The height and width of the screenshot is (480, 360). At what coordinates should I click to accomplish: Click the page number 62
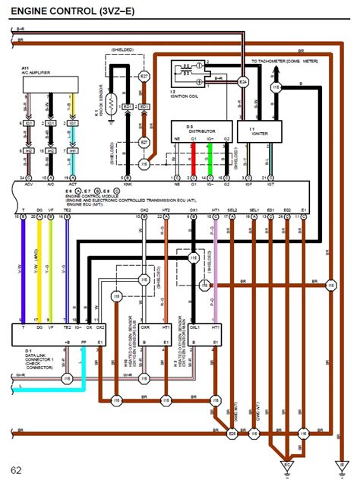[17, 469]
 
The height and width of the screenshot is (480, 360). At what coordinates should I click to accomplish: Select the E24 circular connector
[243, 81]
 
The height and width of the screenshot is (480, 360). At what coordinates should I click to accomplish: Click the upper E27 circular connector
[144, 77]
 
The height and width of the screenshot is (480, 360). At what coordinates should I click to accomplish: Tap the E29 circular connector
[232, 434]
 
